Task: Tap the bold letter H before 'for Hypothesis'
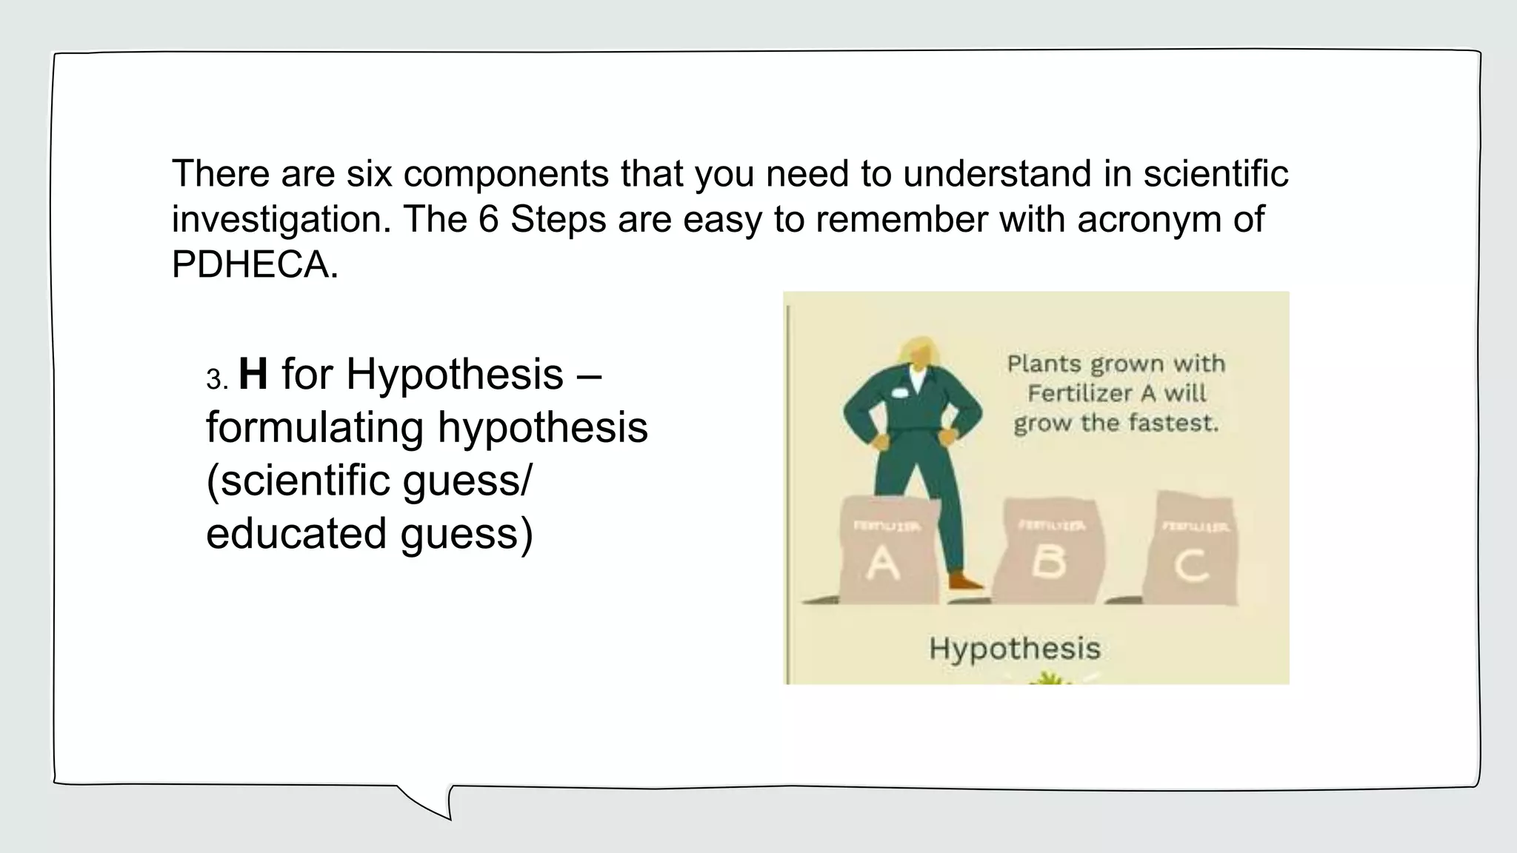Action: click(253, 374)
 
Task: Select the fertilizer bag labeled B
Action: click(1049, 552)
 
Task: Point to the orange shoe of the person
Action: click(966, 581)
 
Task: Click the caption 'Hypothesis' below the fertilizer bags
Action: click(1015, 649)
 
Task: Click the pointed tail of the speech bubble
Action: click(437, 807)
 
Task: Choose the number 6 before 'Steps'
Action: click(488, 219)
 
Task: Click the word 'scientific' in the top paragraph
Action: click(1216, 174)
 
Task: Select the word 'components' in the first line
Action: click(506, 174)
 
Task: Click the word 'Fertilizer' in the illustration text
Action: click(1081, 394)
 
